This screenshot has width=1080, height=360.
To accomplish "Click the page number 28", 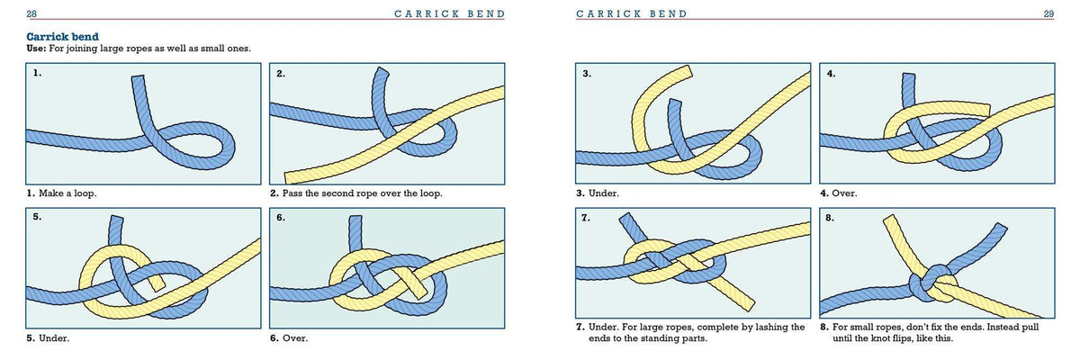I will [31, 13].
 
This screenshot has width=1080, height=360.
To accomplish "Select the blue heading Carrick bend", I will [59, 36].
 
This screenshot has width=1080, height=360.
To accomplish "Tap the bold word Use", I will [37, 48].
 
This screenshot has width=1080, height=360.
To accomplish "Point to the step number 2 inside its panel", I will [281, 74].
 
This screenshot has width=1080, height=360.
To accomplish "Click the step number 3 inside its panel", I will [587, 74].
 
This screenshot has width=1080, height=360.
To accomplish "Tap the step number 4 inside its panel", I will [830, 74].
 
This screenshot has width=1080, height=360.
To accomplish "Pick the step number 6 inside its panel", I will [281, 219].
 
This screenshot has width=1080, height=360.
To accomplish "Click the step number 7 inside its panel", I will [587, 219].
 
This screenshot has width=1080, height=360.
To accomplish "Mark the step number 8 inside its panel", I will [830, 219].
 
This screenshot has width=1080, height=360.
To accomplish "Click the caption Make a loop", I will [68, 193].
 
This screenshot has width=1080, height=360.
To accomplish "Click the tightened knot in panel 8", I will [934, 283].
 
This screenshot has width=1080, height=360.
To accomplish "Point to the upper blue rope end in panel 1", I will [139, 83].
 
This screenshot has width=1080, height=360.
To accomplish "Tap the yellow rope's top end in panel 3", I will [686, 72].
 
